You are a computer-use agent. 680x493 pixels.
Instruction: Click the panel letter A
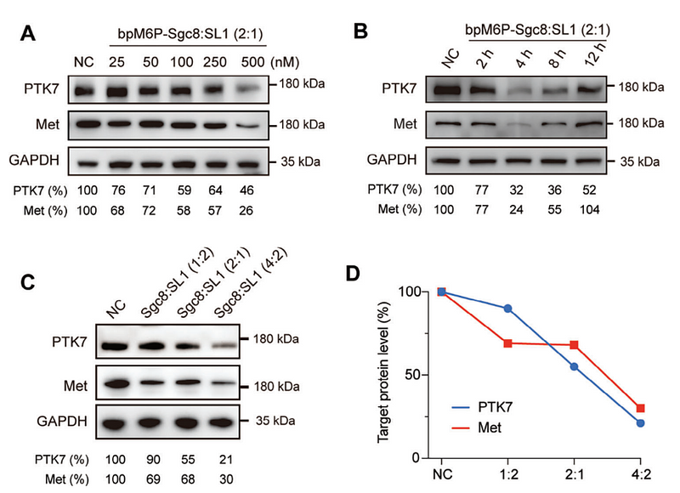(28, 34)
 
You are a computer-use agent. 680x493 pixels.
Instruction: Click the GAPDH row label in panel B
(392, 159)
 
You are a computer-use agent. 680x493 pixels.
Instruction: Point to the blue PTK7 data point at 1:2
(508, 308)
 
